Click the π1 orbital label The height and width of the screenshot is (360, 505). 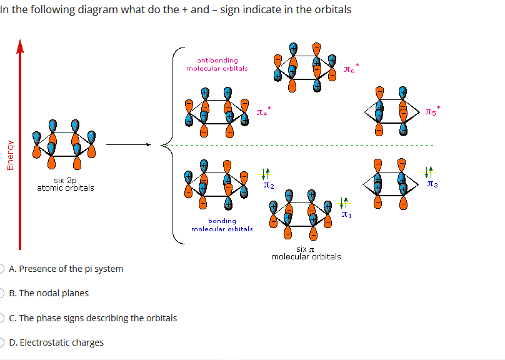(347, 215)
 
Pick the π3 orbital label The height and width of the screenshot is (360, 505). (432, 184)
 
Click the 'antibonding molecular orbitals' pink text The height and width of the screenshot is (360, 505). (217, 64)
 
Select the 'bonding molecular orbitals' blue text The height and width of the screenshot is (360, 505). (222, 224)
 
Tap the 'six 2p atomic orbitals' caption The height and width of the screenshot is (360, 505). (66, 184)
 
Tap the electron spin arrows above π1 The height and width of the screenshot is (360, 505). (344, 202)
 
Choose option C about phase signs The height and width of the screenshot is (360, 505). (97, 318)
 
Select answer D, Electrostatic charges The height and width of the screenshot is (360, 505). (61, 342)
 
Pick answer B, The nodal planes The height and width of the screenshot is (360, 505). (54, 293)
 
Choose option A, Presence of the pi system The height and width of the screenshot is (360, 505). (71, 269)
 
